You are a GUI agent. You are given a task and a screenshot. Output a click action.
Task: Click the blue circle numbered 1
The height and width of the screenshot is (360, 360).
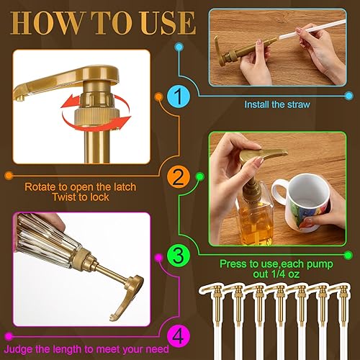click(179, 96)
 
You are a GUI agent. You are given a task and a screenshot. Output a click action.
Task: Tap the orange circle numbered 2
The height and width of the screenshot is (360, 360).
click(179, 177)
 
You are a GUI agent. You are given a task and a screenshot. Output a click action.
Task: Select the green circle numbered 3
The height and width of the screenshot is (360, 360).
click(179, 256)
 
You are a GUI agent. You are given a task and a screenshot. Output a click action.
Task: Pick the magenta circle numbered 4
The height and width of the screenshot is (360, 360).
click(179, 336)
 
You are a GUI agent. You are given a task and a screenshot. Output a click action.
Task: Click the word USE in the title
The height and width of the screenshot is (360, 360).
click(168, 23)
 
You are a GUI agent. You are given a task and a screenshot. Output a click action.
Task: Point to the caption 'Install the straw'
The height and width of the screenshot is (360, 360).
click(277, 104)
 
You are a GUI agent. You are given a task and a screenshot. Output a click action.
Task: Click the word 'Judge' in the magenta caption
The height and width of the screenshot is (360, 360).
click(18, 349)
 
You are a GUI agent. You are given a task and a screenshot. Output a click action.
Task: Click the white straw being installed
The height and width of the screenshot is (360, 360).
click(312, 30)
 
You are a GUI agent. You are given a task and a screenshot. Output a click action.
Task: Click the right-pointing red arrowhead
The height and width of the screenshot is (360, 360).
click(123, 120)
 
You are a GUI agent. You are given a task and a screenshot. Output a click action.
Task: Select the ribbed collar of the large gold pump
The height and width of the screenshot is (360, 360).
click(97, 117)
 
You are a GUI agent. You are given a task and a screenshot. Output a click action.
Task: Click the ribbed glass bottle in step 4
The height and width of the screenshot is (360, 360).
click(45, 236)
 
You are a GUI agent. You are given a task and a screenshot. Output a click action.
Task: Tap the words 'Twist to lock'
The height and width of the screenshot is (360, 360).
click(81, 197)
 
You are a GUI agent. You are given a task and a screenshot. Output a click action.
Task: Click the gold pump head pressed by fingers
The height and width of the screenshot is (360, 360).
click(263, 154)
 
